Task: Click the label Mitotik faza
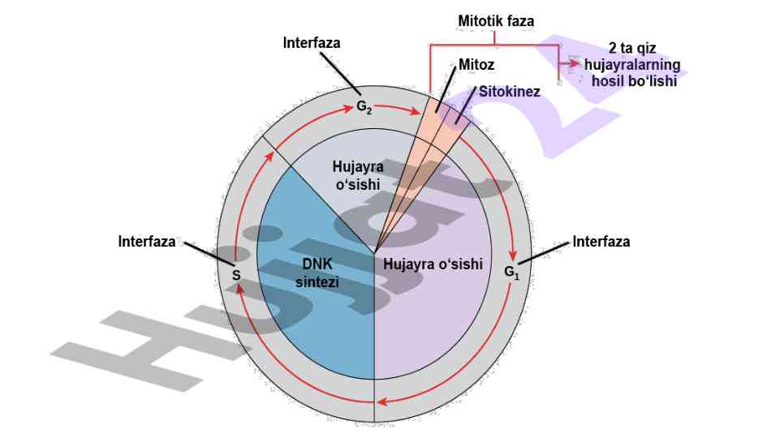496,18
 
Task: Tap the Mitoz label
476,64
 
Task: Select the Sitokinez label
509,91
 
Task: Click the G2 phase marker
364,106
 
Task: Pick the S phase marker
236,275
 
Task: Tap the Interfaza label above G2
312,42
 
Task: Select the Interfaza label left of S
147,241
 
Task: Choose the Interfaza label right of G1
601,241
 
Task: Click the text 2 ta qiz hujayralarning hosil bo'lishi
631,65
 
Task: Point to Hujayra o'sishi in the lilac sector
433,264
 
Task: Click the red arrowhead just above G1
513,254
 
